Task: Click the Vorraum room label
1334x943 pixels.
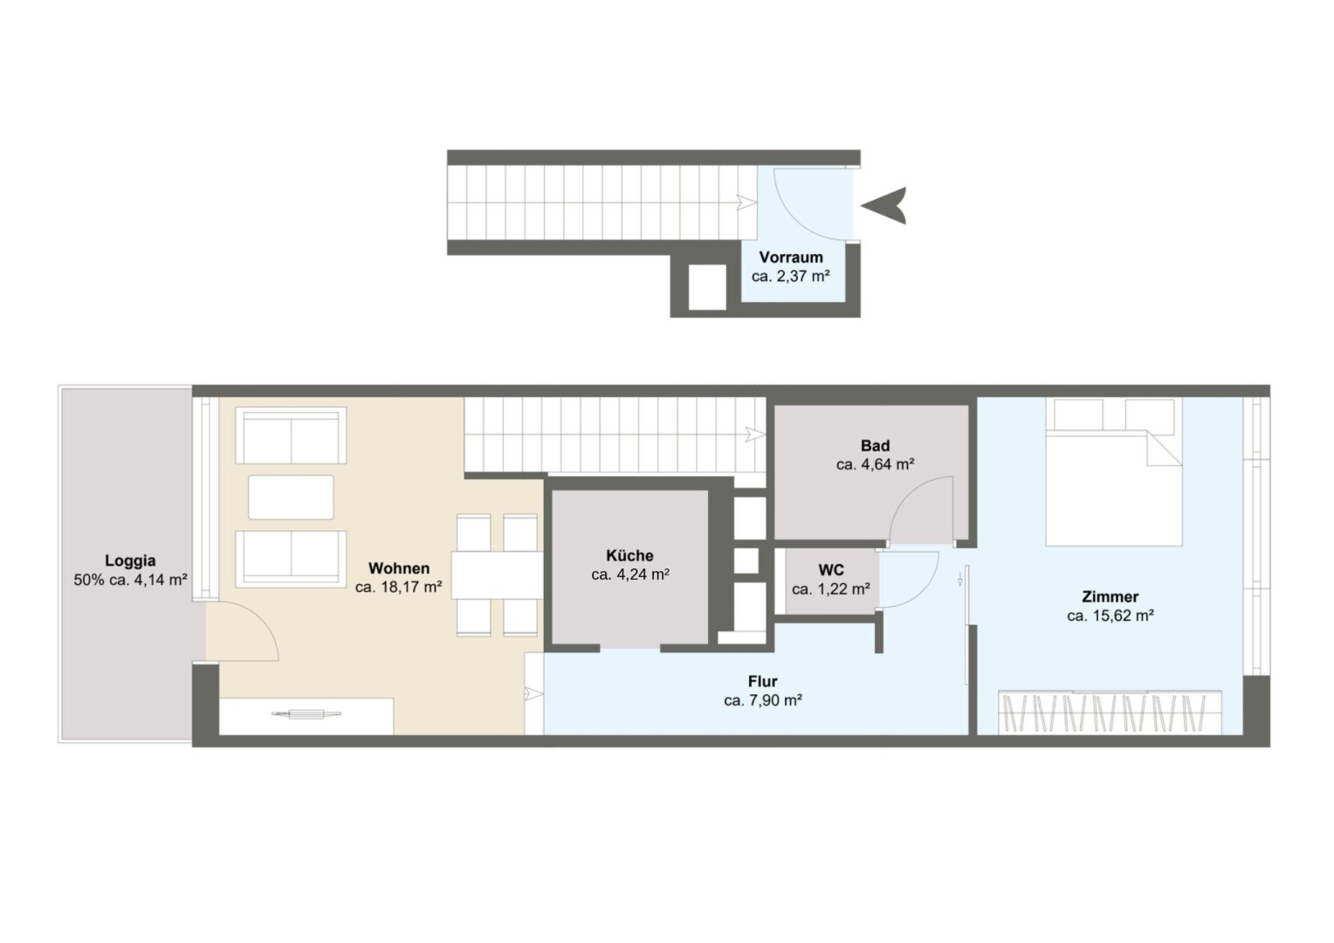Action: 790,258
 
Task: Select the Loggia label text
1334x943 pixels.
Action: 130,561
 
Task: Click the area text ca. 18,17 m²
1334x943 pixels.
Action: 398,587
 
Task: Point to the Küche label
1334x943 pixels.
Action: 629,555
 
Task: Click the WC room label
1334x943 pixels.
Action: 831,570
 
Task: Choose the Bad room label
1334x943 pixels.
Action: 876,445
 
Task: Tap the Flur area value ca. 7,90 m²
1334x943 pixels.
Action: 763,700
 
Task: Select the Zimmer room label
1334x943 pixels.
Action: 1111,596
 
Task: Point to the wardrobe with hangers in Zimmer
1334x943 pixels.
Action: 1110,712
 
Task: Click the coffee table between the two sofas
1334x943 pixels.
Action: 291,498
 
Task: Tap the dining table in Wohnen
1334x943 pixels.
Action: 497,575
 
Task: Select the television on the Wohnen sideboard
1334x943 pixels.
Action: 306,713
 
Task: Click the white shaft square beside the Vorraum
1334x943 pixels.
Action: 707,287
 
